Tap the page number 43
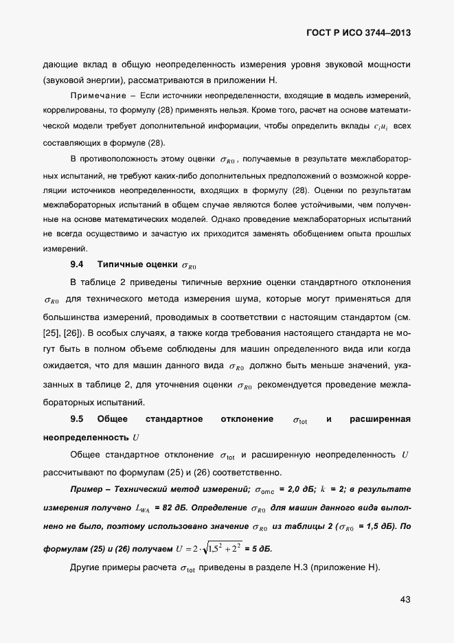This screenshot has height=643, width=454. tap(405, 600)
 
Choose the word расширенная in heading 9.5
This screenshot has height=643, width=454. tap(380, 419)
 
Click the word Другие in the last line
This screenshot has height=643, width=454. tap(87, 568)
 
